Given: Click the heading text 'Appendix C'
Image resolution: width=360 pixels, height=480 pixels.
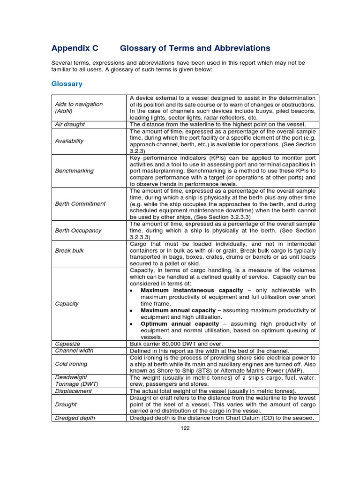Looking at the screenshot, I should point(75,48).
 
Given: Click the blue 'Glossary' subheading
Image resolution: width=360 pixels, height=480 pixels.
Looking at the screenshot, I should point(67,84).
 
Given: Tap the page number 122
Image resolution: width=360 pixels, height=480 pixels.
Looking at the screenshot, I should point(185,427).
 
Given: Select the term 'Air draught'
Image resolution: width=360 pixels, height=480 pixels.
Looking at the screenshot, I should point(70,125).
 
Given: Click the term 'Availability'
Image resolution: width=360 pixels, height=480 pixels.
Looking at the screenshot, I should point(69,141).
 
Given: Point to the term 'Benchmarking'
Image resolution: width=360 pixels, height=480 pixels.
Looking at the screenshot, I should point(74,171).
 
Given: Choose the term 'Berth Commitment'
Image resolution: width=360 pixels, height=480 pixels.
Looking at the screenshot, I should point(80,204).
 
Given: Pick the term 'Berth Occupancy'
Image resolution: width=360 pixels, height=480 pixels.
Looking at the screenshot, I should point(78,231).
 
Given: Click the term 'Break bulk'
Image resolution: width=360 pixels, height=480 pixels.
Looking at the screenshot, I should point(69,250).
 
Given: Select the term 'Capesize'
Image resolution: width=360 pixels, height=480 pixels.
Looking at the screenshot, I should point(68,344).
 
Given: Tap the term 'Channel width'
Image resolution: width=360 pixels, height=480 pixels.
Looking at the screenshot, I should point(74,351).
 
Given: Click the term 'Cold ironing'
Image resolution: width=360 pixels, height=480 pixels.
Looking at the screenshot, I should point(71,364).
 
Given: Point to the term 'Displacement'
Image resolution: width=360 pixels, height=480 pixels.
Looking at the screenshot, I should point(74,390).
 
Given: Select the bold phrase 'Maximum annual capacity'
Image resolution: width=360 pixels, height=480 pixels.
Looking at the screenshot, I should point(178,310).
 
